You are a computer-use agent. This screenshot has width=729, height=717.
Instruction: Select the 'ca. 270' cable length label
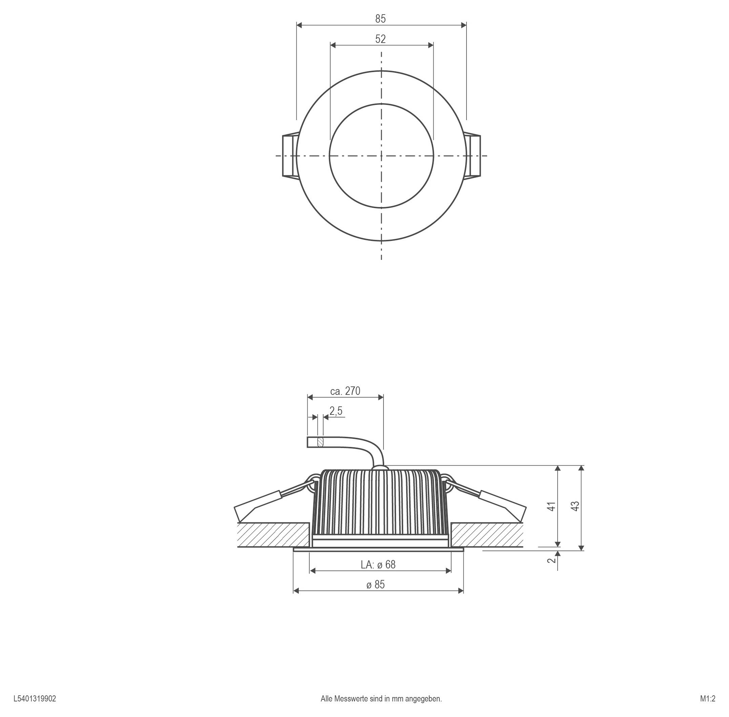345,391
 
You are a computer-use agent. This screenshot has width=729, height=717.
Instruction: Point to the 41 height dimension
551,507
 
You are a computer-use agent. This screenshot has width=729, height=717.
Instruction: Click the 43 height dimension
575,507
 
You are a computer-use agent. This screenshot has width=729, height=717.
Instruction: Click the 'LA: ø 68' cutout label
378,564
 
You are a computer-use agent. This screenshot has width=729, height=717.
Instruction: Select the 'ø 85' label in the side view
375,584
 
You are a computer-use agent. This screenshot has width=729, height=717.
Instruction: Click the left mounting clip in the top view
290,155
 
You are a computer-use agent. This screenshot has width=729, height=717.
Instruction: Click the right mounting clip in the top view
473,155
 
